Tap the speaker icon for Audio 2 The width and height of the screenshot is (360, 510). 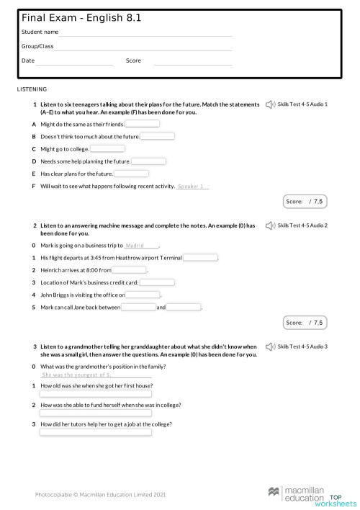pyautogui.click(x=270, y=226)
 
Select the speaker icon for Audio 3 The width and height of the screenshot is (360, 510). pyautogui.click(x=270, y=347)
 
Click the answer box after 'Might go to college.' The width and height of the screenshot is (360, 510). pyautogui.click(x=107, y=149)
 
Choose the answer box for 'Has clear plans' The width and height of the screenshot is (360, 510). pyautogui.click(x=131, y=174)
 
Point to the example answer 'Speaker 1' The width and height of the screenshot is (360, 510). pyautogui.click(x=192, y=187)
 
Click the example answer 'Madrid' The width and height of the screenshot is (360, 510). pyautogui.click(x=140, y=246)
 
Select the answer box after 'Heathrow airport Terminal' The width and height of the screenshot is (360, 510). pyautogui.click(x=201, y=258)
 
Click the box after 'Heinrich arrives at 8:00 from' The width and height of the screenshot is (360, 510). pyautogui.click(x=129, y=270)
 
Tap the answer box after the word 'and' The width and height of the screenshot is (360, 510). pyautogui.click(x=184, y=308)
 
